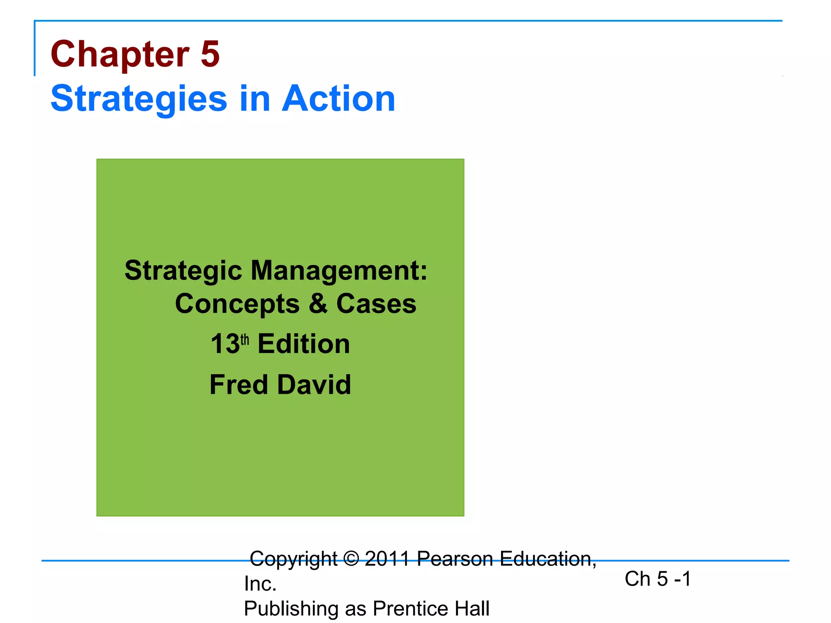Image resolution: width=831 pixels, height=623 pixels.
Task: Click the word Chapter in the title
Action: click(x=120, y=54)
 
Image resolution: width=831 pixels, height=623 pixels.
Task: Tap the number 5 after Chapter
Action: click(x=210, y=54)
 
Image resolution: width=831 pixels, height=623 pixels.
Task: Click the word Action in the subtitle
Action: click(x=338, y=99)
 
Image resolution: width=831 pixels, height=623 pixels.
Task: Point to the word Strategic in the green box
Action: click(x=183, y=271)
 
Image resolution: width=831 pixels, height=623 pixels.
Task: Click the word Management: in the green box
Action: click(x=339, y=271)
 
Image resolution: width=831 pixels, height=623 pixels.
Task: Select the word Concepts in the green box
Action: click(x=237, y=304)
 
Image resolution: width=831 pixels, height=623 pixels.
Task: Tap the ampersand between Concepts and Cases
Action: click(x=318, y=304)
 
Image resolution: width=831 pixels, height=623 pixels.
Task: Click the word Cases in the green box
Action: click(x=376, y=304)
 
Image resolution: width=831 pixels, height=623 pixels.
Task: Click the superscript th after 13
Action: click(x=245, y=339)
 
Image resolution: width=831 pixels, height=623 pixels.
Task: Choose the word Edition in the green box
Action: click(x=304, y=344)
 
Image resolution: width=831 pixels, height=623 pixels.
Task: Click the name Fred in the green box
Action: click(x=239, y=385)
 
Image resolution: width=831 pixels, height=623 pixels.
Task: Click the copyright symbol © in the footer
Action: click(x=351, y=559)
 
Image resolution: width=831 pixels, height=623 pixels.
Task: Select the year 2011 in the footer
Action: click(x=388, y=559)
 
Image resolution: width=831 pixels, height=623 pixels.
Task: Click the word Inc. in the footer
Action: click(x=260, y=584)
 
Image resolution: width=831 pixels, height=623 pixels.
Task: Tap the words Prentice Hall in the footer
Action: click(x=431, y=609)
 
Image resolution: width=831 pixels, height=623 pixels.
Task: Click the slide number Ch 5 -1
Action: click(x=658, y=579)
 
